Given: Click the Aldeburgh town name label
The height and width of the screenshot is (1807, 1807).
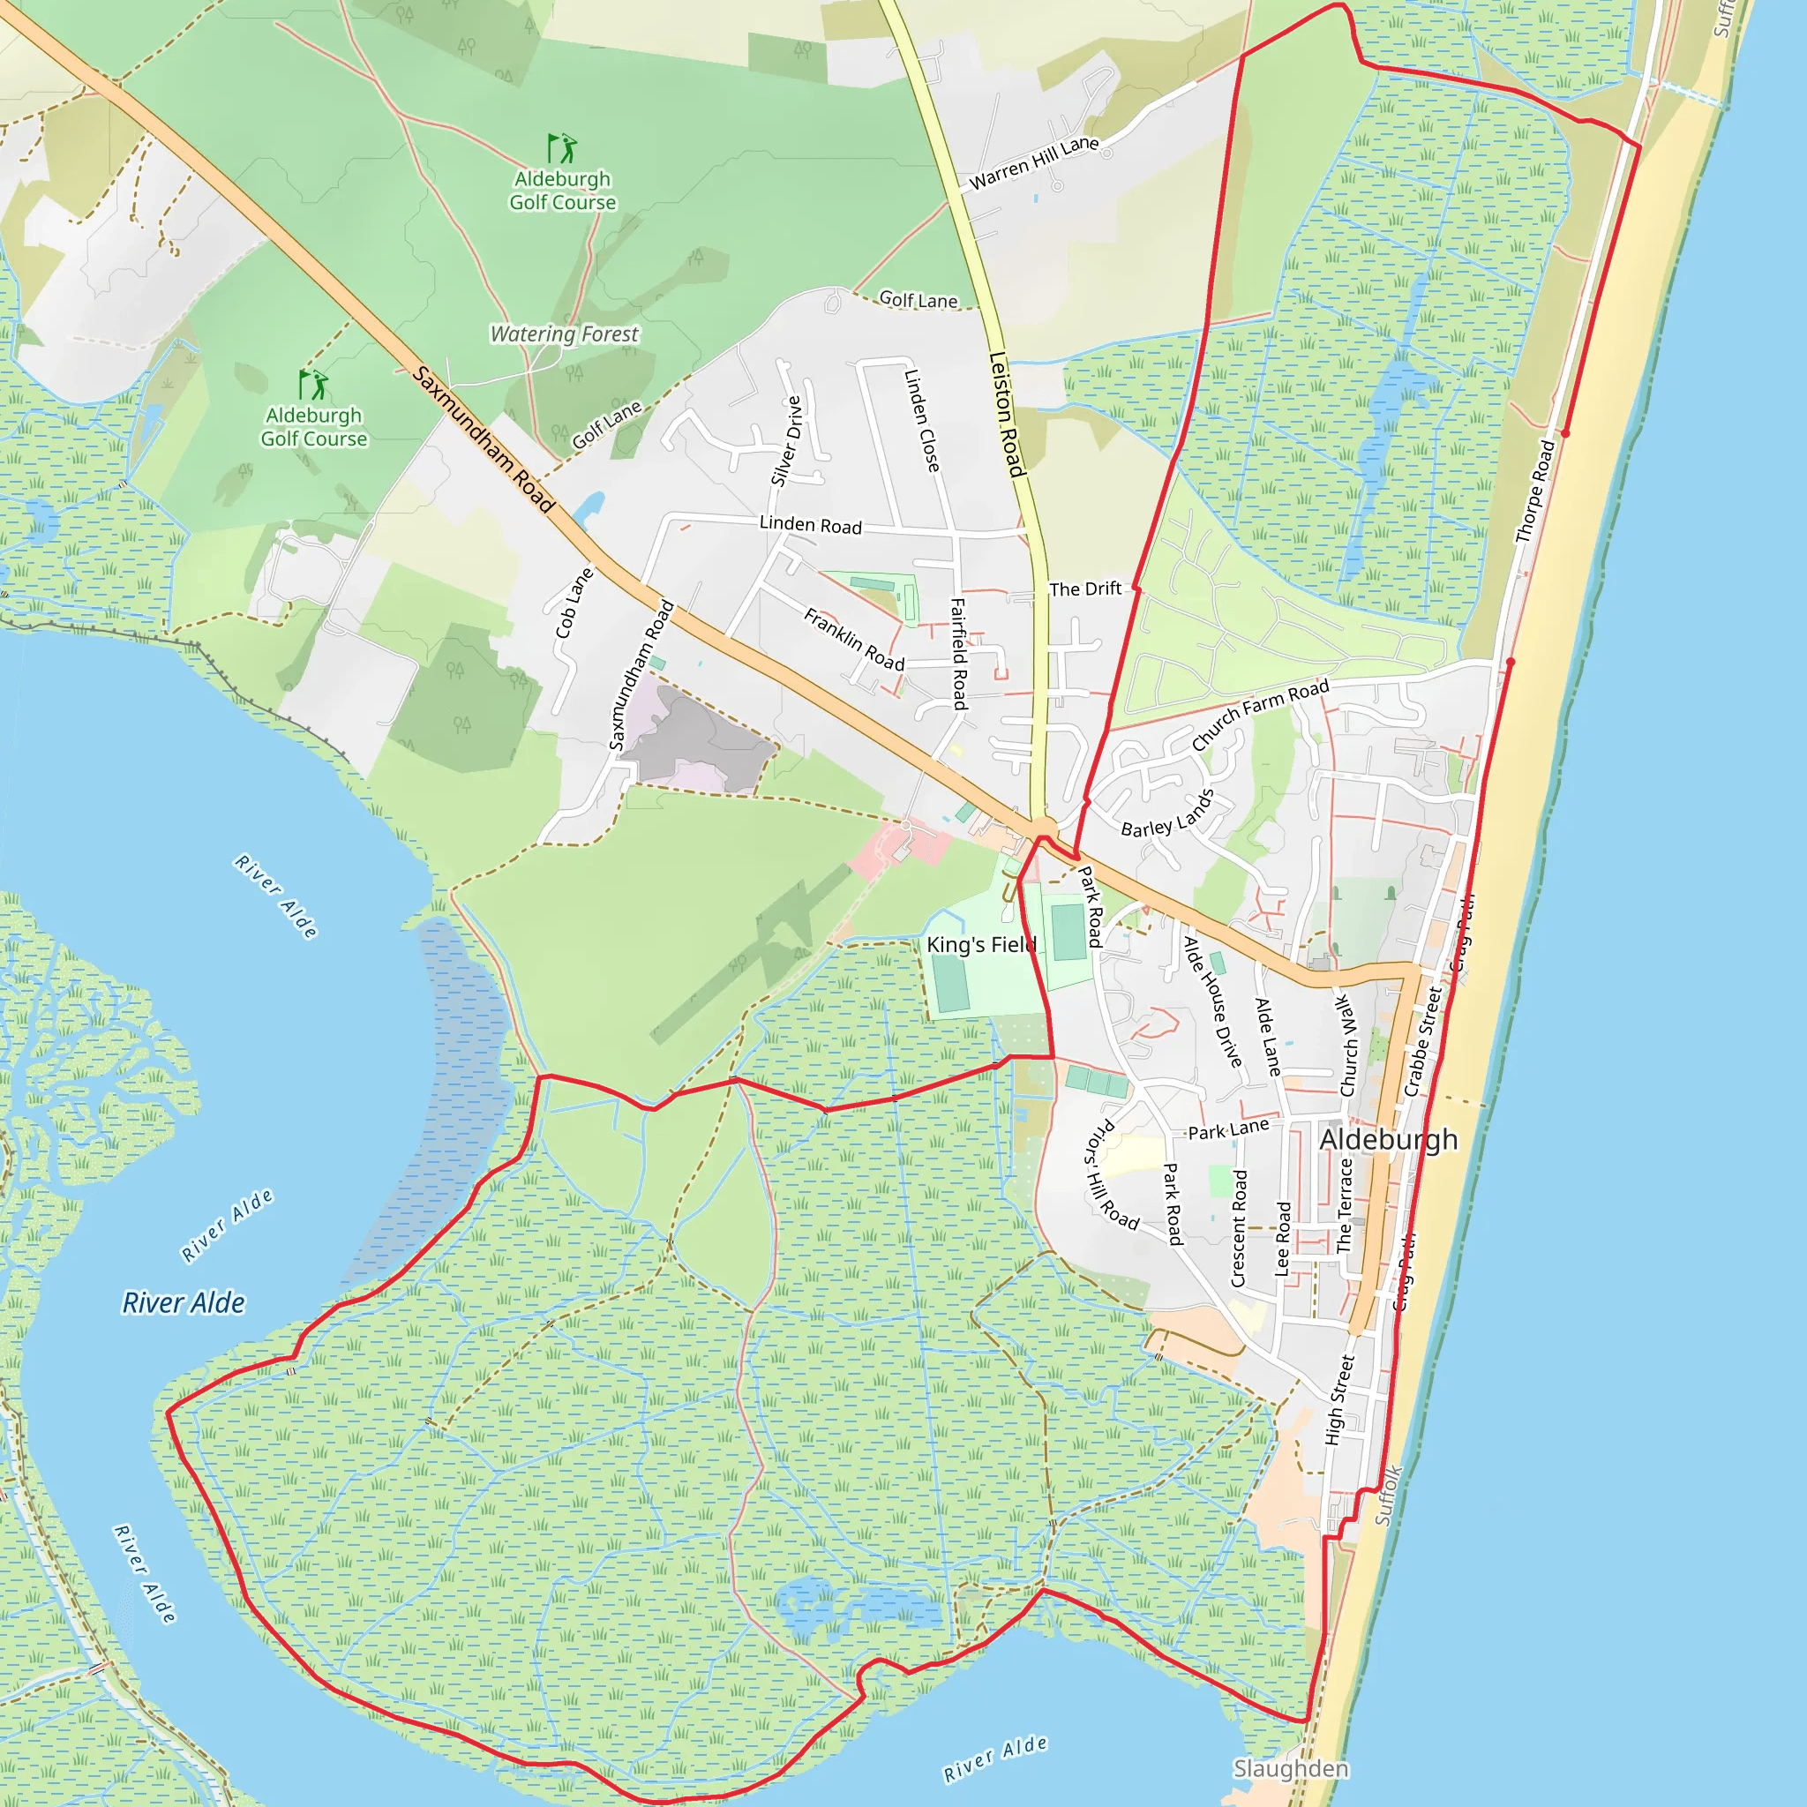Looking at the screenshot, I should coord(1388,1139).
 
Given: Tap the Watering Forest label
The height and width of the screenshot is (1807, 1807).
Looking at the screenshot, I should coord(564,334).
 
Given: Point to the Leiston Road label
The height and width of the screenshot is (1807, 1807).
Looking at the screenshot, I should coord(1008,415).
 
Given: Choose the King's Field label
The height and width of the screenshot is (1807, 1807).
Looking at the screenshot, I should coord(981,945).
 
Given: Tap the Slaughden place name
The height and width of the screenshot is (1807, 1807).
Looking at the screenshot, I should coord(1291,1769).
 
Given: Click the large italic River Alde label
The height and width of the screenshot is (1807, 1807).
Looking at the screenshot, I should coord(184,1303).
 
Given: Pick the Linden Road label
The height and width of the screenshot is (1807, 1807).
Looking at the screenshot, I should coord(810,525).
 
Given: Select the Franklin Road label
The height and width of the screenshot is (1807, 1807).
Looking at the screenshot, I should coord(854,640).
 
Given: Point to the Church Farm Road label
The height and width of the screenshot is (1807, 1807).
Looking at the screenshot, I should coord(1260,715).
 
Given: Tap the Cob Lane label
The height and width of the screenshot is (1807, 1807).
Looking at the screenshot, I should coord(574,604).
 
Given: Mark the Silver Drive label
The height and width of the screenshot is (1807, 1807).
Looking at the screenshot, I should coord(785,441).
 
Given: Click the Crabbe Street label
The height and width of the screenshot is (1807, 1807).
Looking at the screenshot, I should coord(1422,1040).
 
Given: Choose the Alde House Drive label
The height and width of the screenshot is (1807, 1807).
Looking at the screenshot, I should coord(1213,1001).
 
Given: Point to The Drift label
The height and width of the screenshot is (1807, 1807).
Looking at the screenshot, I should coord(1085,589).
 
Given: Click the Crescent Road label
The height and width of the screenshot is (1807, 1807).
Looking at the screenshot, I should coord(1240,1228).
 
